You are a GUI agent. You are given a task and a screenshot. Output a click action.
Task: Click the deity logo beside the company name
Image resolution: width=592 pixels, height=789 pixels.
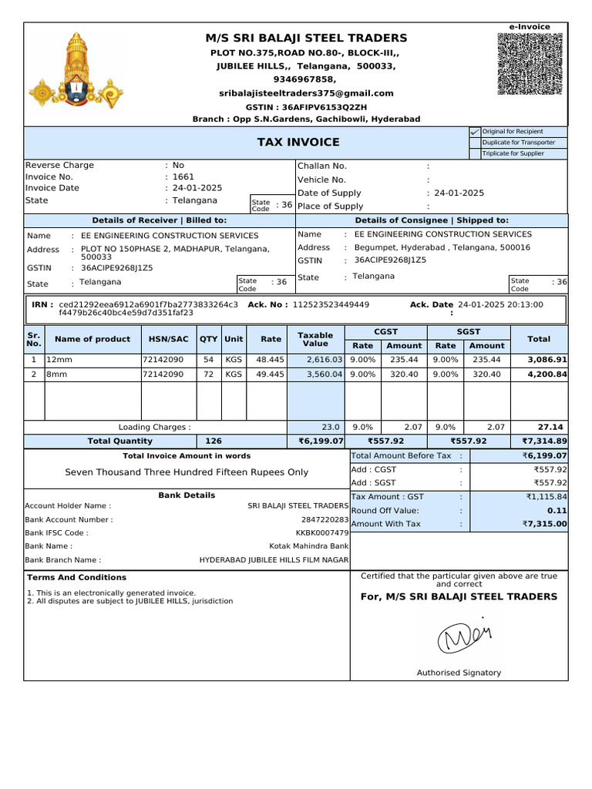click(76, 70)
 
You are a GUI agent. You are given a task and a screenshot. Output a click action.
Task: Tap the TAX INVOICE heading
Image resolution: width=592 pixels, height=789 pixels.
click(298, 143)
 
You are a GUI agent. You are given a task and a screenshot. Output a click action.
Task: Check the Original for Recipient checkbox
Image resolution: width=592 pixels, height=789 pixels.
click(475, 132)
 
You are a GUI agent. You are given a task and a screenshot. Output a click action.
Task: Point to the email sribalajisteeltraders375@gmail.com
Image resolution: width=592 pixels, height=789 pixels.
click(306, 93)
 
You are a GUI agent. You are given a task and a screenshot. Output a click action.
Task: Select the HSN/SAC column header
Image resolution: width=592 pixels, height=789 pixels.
click(168, 339)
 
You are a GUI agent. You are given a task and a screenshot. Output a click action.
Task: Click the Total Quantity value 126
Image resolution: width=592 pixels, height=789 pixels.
click(214, 442)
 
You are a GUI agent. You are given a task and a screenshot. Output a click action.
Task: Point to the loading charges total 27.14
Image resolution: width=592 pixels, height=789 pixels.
click(552, 427)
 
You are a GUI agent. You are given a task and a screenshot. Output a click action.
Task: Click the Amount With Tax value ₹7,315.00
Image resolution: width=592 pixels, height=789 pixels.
click(544, 524)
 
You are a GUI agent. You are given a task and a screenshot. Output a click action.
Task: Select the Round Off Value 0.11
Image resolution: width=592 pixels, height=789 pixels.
click(557, 510)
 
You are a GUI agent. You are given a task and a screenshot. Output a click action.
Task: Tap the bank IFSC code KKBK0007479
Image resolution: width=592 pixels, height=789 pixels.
click(322, 533)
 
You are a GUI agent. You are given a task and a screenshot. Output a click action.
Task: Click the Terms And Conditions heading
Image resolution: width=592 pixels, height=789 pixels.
click(76, 577)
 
